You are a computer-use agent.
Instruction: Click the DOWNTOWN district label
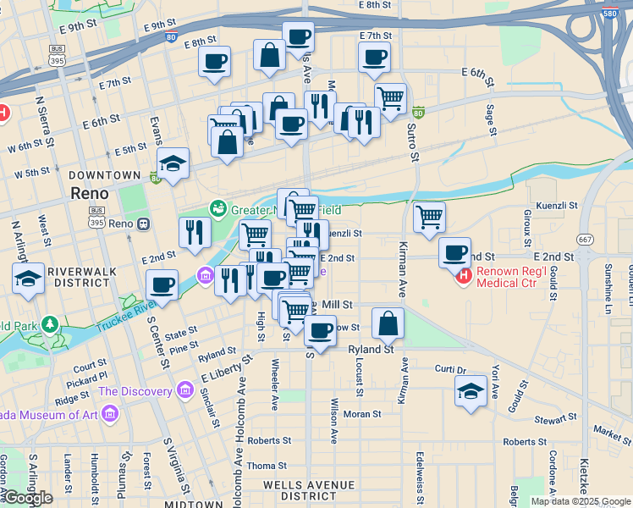(x=104, y=174)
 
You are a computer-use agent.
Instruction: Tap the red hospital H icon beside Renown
(x=463, y=276)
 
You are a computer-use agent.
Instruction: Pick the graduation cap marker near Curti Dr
(x=471, y=391)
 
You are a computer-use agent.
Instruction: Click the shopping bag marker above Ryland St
(x=388, y=323)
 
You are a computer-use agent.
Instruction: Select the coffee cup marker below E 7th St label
(x=374, y=58)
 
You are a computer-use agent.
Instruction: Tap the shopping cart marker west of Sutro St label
(x=389, y=98)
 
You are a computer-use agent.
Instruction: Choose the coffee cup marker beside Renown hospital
(x=454, y=252)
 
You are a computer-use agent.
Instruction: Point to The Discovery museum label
(x=135, y=391)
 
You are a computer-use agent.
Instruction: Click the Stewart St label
(x=554, y=419)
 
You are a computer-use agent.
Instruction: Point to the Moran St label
(x=362, y=415)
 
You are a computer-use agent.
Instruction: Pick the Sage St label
(x=490, y=119)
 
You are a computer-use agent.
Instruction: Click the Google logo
(x=28, y=499)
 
